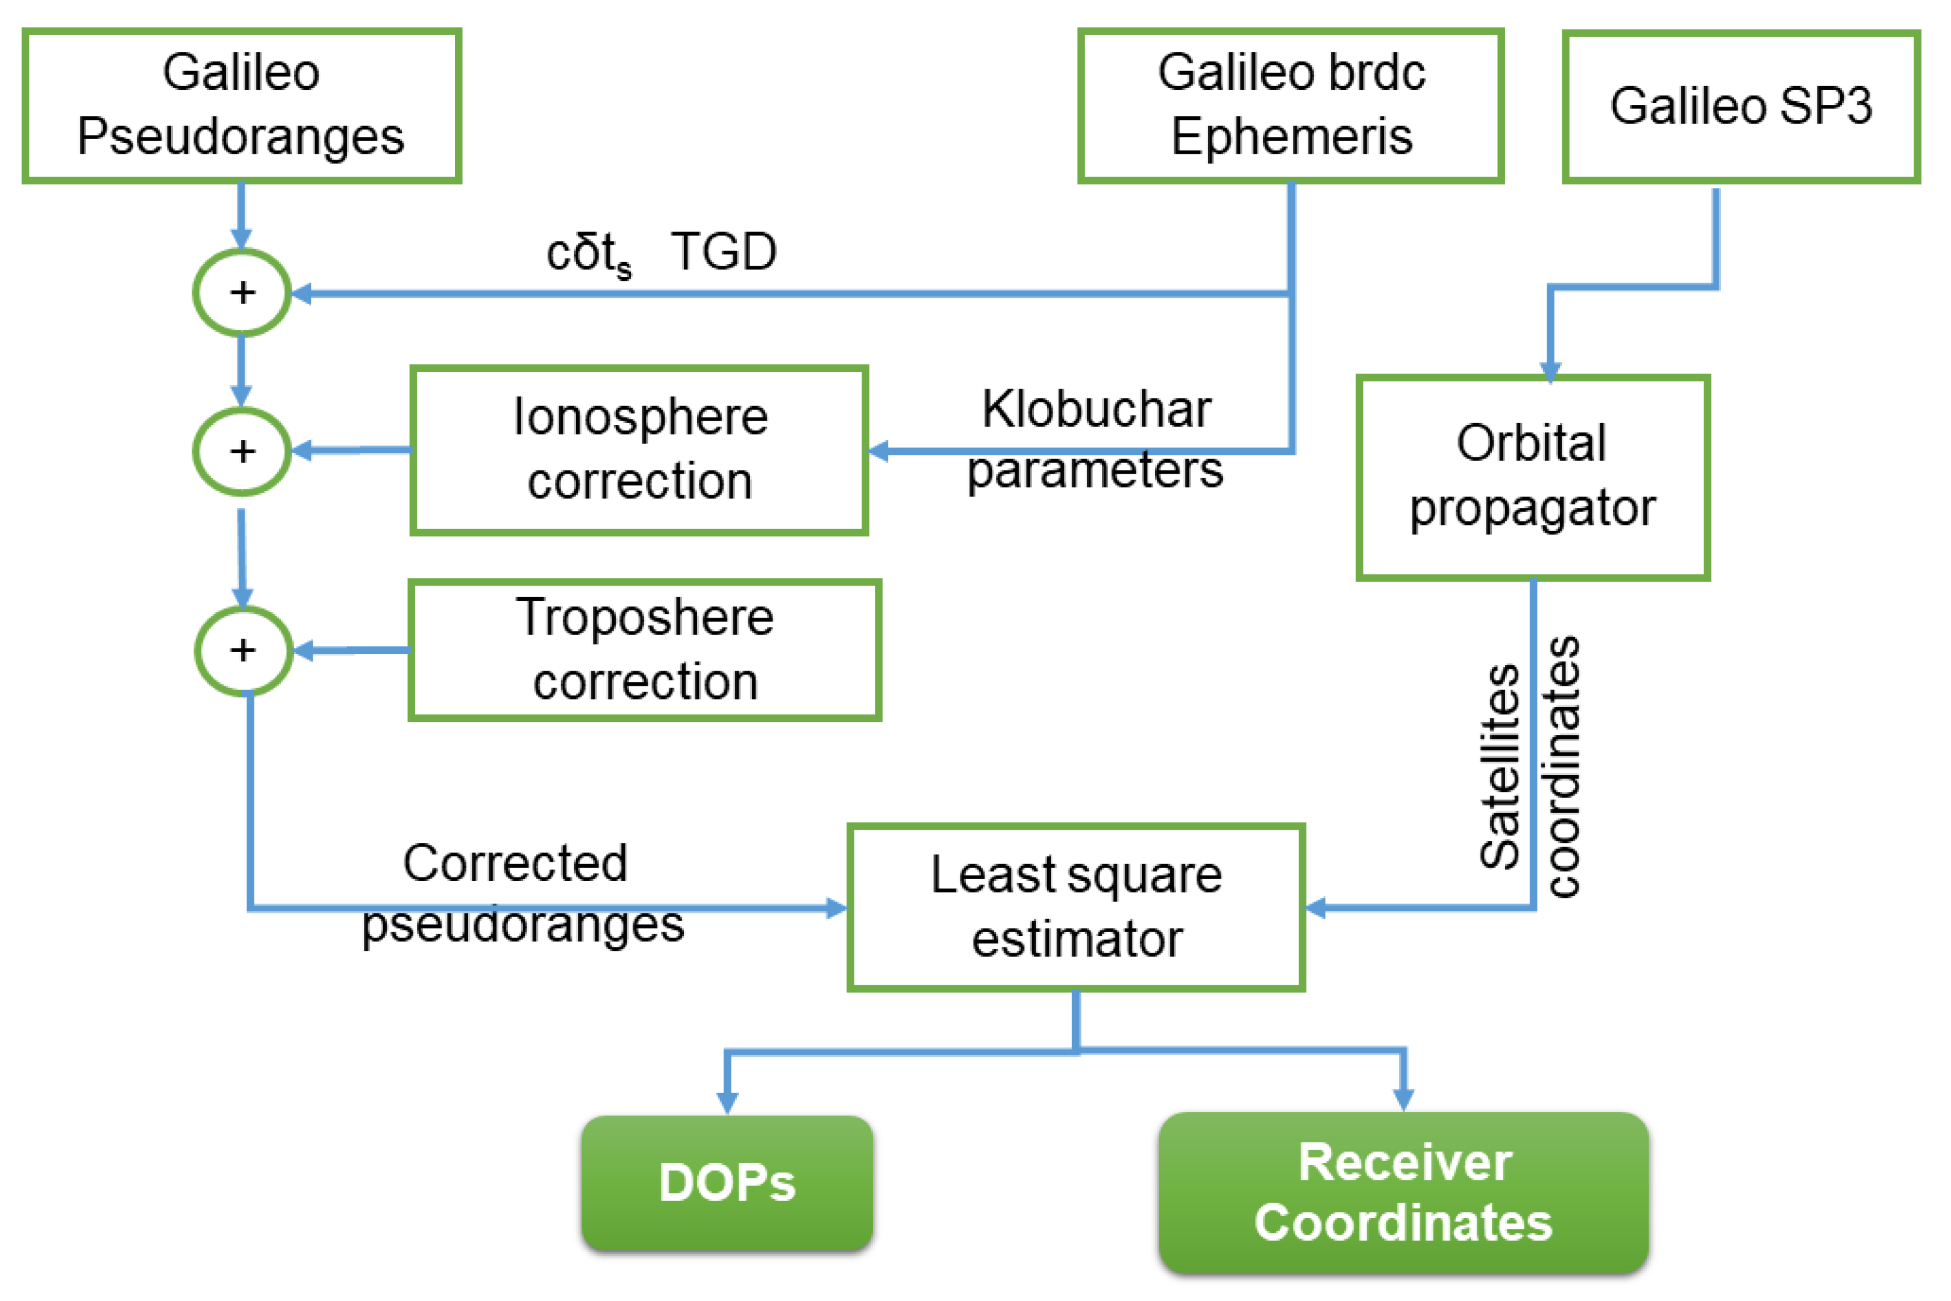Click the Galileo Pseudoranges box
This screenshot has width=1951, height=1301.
point(242,105)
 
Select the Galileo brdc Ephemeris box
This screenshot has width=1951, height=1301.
point(1290,105)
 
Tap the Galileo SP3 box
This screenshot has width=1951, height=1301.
point(1740,106)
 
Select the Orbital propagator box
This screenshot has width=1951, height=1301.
point(1532,477)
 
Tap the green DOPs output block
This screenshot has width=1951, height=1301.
point(727,1182)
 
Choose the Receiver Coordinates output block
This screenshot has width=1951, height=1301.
point(1403,1193)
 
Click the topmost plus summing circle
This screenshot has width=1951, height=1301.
point(242,292)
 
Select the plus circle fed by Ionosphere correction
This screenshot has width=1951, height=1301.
point(242,451)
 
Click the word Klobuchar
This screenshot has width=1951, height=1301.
point(1096,409)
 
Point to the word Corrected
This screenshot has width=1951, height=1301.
point(515,863)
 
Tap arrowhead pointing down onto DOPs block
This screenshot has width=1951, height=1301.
point(727,1103)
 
